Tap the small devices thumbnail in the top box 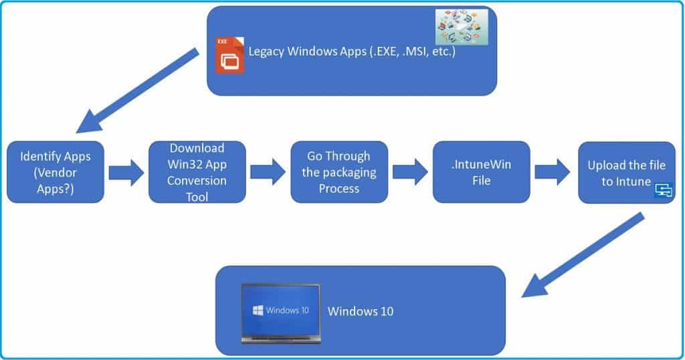(x=462, y=27)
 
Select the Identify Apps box (x=56, y=172)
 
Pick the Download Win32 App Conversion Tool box (x=197, y=172)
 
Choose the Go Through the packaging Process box (x=338, y=172)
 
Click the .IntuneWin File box (x=481, y=172)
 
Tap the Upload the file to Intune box (x=626, y=172)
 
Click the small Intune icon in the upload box (x=664, y=191)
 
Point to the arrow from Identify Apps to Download (x=126, y=172)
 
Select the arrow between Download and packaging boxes (x=268, y=172)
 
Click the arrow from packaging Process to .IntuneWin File (x=410, y=172)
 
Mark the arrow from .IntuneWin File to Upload (x=553, y=172)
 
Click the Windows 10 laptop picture (x=281, y=312)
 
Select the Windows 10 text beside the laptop (x=361, y=311)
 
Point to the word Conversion (x=197, y=181)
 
